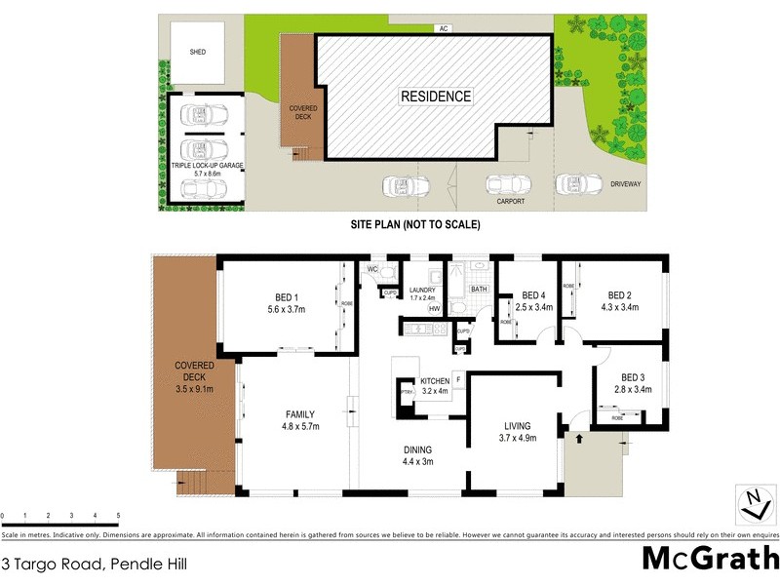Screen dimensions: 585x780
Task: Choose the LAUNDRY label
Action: click(422, 290)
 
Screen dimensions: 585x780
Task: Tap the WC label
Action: click(372, 269)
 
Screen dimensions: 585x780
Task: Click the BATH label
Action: click(479, 290)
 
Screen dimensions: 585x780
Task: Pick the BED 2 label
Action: click(621, 296)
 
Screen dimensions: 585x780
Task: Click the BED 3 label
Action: click(635, 377)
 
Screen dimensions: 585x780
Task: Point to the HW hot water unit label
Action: click(434, 309)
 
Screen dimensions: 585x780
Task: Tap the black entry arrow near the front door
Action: click(578, 438)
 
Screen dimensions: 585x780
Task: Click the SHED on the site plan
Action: click(198, 53)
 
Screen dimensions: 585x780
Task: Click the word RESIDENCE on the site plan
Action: click(436, 97)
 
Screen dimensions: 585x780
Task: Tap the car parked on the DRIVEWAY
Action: click(579, 183)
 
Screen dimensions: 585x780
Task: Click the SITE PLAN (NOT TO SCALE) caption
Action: click(416, 224)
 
